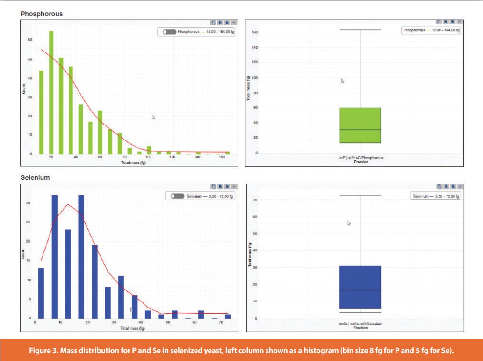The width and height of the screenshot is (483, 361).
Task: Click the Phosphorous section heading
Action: point(41,14)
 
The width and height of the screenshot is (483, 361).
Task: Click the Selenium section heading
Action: point(35,178)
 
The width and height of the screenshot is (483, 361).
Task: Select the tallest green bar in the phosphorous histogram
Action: point(51,92)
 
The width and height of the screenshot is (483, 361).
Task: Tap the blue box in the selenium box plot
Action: point(360,287)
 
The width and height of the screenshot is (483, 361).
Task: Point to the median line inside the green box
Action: point(360,130)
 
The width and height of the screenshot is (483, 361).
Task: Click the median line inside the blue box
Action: point(360,290)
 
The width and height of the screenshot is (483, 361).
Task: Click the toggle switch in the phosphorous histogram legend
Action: point(168,32)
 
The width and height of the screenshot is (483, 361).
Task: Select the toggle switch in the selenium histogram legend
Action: point(177,196)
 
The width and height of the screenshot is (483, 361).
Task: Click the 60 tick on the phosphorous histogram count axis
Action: point(29,40)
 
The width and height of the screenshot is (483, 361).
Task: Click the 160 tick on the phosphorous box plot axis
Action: point(255,32)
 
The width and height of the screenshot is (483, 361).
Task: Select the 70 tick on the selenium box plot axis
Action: point(256,200)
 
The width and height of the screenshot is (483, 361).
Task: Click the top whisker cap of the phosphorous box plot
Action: point(360,30)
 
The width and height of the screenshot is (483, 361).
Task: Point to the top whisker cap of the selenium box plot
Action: point(360,195)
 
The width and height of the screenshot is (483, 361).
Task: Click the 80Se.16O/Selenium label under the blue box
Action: point(360,324)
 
